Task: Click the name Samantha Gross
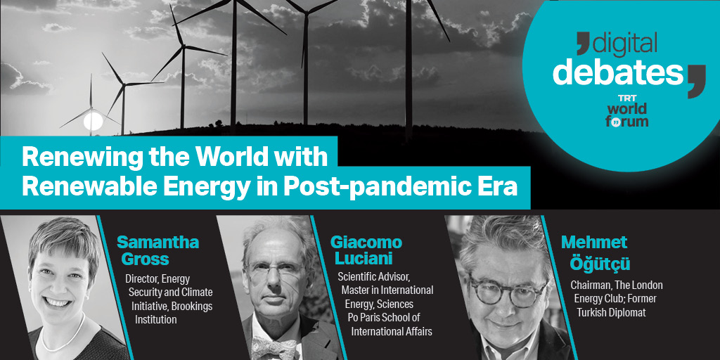pyautogui.click(x=158, y=251)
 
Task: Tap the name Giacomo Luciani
pyautogui.click(x=366, y=250)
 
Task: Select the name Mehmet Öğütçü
pyautogui.click(x=595, y=253)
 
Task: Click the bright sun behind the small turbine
pyautogui.click(x=94, y=121)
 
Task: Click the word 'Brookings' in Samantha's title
pyautogui.click(x=193, y=305)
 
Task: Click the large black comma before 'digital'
pyautogui.click(x=583, y=41)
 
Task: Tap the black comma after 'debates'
pyautogui.click(x=696, y=81)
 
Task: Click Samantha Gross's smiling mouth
pyautogui.click(x=57, y=302)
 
